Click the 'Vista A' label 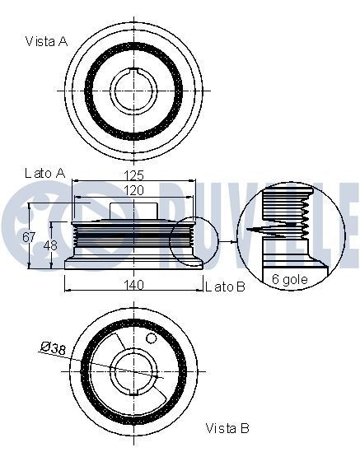click(x=46, y=40)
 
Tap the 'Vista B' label click(x=227, y=427)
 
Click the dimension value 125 click(x=133, y=174)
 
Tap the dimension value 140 click(x=134, y=285)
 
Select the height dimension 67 click(x=27, y=237)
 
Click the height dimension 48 click(x=47, y=245)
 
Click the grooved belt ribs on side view click(x=82, y=242)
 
